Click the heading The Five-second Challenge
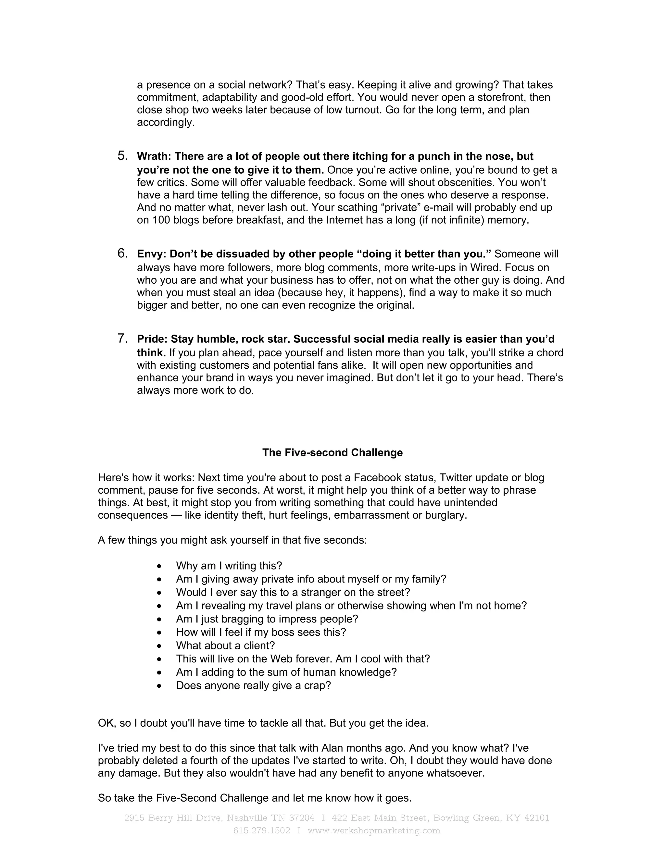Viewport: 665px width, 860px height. [x=332, y=452]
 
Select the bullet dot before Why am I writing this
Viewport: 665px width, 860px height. [x=159, y=566]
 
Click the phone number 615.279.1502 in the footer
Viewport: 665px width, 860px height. [x=262, y=830]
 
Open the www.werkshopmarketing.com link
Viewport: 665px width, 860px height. [x=373, y=830]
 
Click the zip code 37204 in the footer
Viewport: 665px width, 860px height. [x=302, y=818]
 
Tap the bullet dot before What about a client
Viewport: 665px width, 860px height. [x=159, y=646]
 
